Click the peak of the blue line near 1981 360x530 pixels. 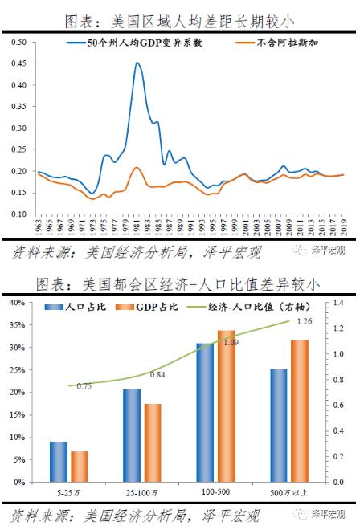(137, 63)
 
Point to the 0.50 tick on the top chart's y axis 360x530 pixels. (21, 42)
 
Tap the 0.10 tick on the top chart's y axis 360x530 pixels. (21, 214)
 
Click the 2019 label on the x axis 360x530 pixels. (344, 227)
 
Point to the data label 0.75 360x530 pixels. (84, 386)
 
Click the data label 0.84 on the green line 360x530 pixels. (157, 375)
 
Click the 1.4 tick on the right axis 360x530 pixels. (337, 303)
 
